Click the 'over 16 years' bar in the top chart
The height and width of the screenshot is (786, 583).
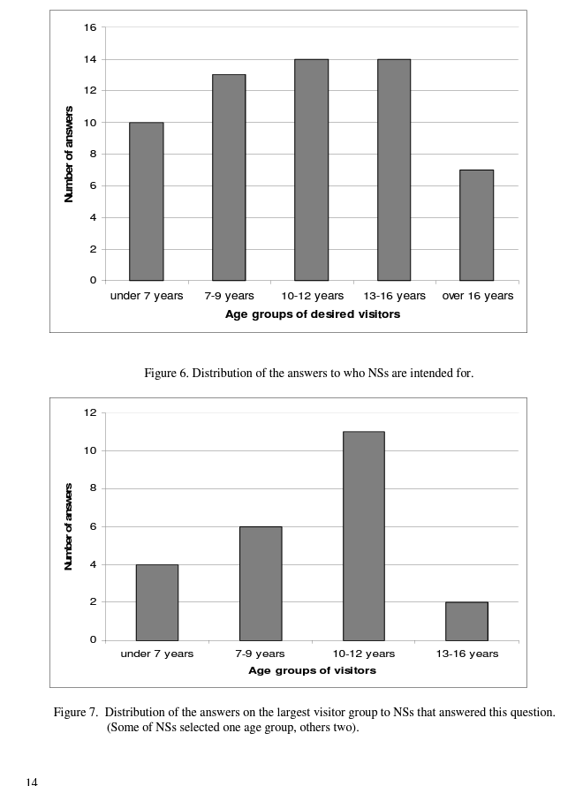pos(476,225)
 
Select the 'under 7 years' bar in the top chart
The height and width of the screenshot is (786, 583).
pos(146,201)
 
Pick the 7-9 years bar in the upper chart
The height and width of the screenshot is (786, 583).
pos(229,178)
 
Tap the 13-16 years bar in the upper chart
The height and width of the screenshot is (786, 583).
pos(393,170)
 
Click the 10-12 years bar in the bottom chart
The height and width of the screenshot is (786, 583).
pos(363,535)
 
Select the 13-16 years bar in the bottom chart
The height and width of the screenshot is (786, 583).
pos(466,621)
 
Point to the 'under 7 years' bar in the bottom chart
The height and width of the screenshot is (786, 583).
pos(156,602)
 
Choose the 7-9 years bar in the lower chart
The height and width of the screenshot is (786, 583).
pos(260,583)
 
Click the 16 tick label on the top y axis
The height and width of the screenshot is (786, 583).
pos(90,27)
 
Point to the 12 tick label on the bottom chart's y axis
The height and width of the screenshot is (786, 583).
pos(90,412)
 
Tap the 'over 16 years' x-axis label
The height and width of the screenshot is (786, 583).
pos(477,296)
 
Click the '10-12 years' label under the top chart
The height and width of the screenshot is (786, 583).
pos(312,296)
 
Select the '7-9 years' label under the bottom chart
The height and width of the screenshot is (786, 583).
pos(260,654)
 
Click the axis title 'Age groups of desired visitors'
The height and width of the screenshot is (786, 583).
pos(312,314)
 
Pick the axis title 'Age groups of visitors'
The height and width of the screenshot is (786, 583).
pos(312,670)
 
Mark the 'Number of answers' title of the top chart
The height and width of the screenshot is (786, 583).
pos(69,155)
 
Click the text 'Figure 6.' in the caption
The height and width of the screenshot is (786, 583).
pos(166,374)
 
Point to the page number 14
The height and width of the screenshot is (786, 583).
pos(32,781)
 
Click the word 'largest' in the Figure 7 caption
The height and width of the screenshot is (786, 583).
pos(344,713)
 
